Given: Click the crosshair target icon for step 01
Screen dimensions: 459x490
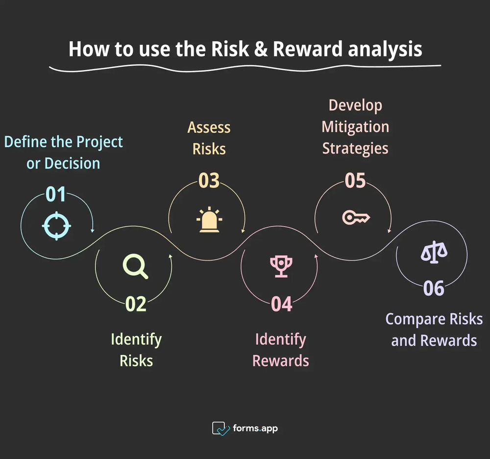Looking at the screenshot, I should point(56,226).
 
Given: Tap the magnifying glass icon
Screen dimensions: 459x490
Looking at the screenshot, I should point(135,267).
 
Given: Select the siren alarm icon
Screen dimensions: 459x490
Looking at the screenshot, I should point(208,220).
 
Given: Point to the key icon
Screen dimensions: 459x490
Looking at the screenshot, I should point(355,217).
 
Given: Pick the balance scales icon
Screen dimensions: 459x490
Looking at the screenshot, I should point(434,253).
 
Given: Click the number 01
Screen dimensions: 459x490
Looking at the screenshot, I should point(55,195).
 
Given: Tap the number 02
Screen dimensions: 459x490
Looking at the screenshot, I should point(136,304).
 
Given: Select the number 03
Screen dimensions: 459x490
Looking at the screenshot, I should point(209,181).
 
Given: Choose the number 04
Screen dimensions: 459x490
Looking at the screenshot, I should point(281,304).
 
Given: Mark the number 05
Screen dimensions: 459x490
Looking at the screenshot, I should point(355,181).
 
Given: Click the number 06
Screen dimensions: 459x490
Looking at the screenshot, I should point(434,288).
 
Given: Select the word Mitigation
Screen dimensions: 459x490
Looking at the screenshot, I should point(355,127).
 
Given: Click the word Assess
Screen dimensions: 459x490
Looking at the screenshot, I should point(209,127).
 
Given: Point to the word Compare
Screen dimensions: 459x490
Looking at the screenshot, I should point(415,319).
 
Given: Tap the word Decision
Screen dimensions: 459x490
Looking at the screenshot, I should point(72,163).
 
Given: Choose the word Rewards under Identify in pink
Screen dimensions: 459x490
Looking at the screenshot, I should point(281,361).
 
